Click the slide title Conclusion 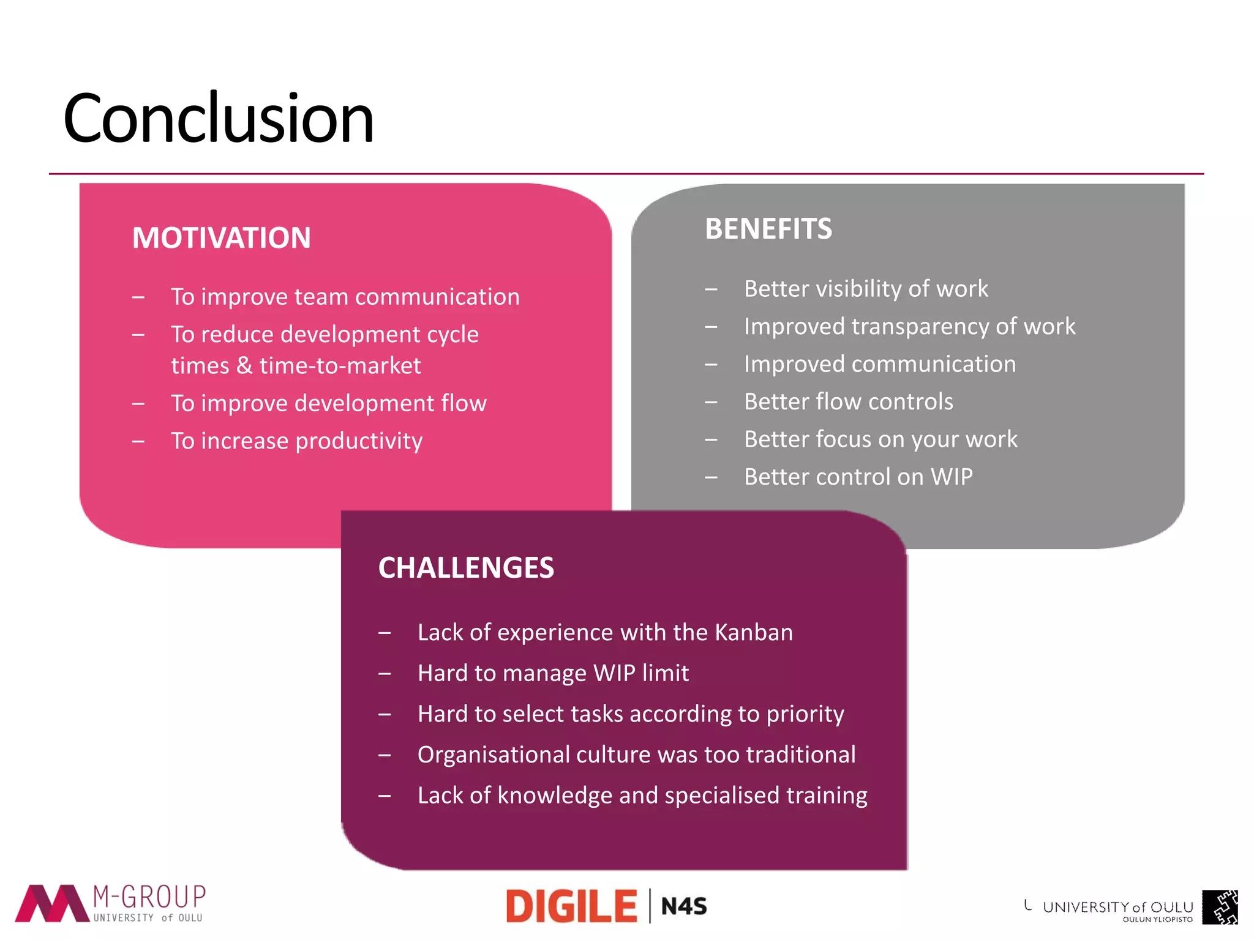pyautogui.click(x=218, y=118)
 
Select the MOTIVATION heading pyautogui.click(x=221, y=237)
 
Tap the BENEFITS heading pyautogui.click(x=768, y=229)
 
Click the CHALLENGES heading pyautogui.click(x=466, y=567)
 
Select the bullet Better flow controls pyautogui.click(x=848, y=401)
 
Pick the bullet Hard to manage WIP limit pyautogui.click(x=553, y=673)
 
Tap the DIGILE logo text pyautogui.click(x=571, y=906)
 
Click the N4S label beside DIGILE pyautogui.click(x=684, y=906)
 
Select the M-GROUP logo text pyautogui.click(x=149, y=897)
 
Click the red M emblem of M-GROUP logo pyautogui.click(x=52, y=903)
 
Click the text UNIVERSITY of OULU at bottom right pyautogui.click(x=1117, y=907)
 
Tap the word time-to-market pyautogui.click(x=340, y=365)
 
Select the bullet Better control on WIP pyautogui.click(x=858, y=477)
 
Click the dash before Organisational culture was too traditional pyautogui.click(x=385, y=755)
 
